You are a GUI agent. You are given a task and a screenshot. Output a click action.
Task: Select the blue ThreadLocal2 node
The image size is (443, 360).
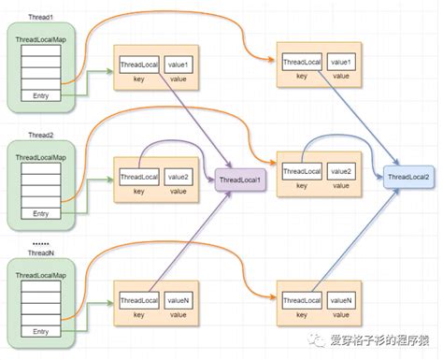409,177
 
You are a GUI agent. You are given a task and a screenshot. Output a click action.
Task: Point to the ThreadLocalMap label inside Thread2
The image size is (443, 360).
41,154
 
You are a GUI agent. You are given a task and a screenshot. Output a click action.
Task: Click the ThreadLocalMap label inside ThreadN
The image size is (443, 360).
41,275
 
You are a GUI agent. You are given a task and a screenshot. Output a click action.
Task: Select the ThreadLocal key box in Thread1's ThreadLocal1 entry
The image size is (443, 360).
139,65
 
